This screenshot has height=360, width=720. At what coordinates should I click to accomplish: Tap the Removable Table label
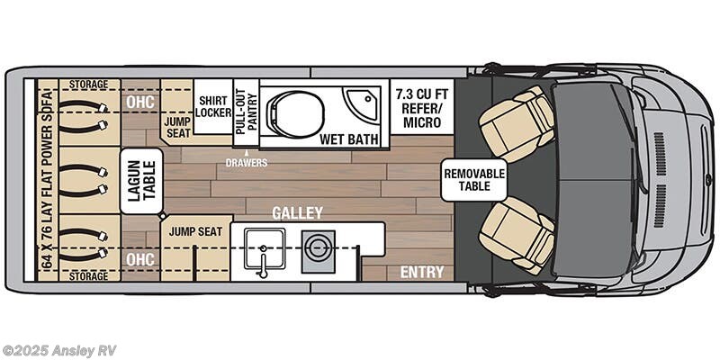tap(473, 181)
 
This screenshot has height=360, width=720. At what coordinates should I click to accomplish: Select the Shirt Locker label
tap(213, 107)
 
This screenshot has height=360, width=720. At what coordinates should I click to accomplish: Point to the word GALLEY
tap(298, 213)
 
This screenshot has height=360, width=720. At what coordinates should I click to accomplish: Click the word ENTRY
tap(422, 272)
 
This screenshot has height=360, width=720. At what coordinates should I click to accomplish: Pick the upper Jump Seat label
tap(177, 126)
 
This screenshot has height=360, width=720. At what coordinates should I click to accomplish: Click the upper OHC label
tap(141, 101)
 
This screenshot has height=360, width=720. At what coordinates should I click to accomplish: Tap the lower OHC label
tap(141, 260)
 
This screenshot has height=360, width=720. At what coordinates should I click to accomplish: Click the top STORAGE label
tap(88, 85)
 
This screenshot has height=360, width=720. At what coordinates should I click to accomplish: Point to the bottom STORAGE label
tap(88, 276)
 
